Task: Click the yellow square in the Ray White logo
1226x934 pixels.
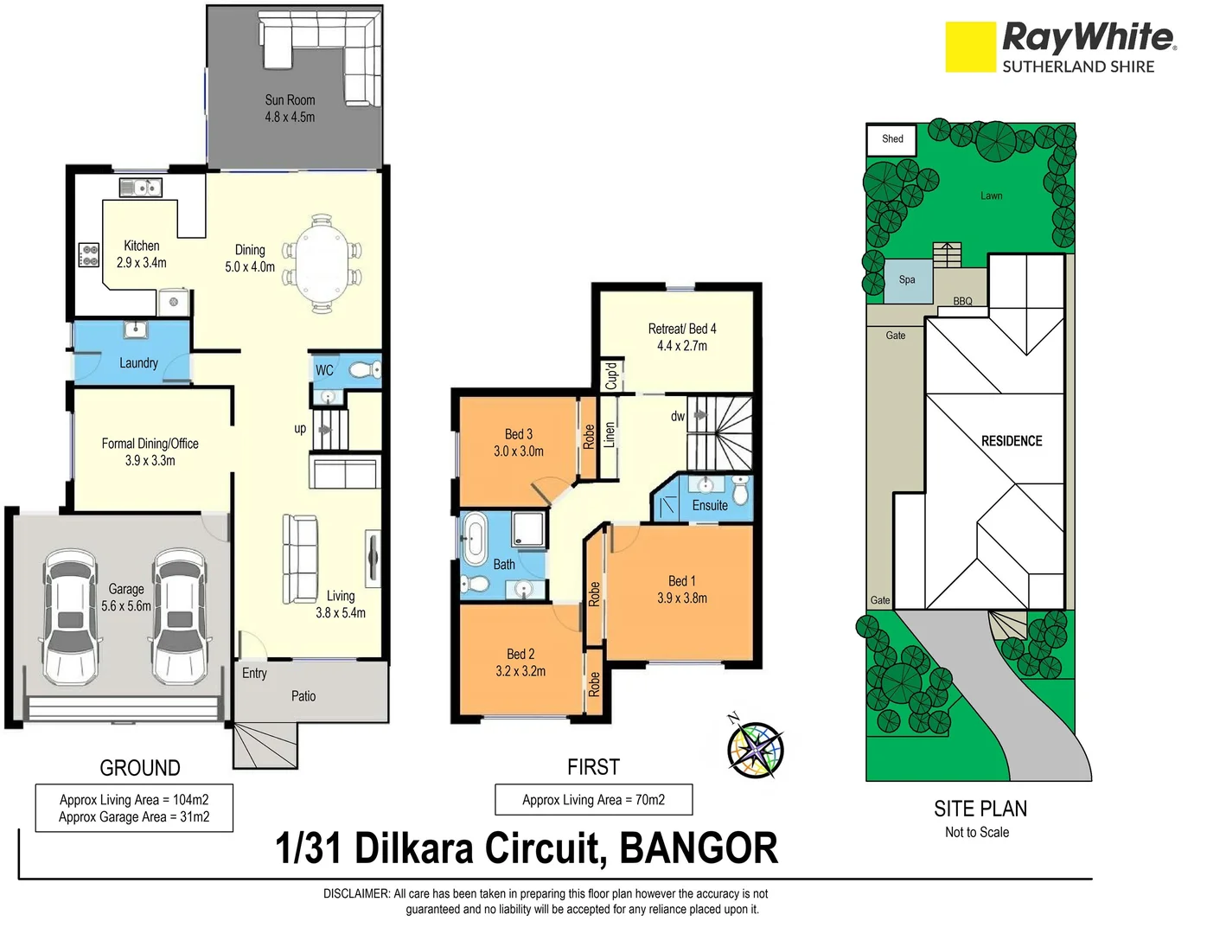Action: click(x=970, y=47)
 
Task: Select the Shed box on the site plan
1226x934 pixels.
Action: click(x=891, y=139)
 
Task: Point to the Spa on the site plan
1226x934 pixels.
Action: click(x=907, y=280)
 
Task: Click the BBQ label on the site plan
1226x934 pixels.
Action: click(x=962, y=301)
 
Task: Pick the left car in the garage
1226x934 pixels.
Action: click(x=69, y=615)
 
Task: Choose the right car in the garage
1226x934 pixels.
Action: click(x=180, y=615)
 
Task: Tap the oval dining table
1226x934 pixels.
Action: click(x=319, y=263)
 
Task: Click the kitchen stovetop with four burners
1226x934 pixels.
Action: click(x=89, y=254)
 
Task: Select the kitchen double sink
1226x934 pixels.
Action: click(x=140, y=187)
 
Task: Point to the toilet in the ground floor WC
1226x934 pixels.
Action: click(x=365, y=370)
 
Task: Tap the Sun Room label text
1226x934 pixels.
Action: click(x=290, y=100)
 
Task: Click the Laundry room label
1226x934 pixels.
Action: click(x=138, y=363)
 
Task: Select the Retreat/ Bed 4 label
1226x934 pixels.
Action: click(x=681, y=329)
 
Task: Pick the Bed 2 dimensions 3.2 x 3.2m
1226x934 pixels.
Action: click(x=520, y=671)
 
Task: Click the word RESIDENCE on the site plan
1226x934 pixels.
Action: click(x=1011, y=441)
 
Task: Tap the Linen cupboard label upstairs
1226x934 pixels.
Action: click(x=610, y=434)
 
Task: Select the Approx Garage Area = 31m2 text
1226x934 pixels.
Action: click(x=134, y=817)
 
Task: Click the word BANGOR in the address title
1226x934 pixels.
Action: click(x=699, y=848)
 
